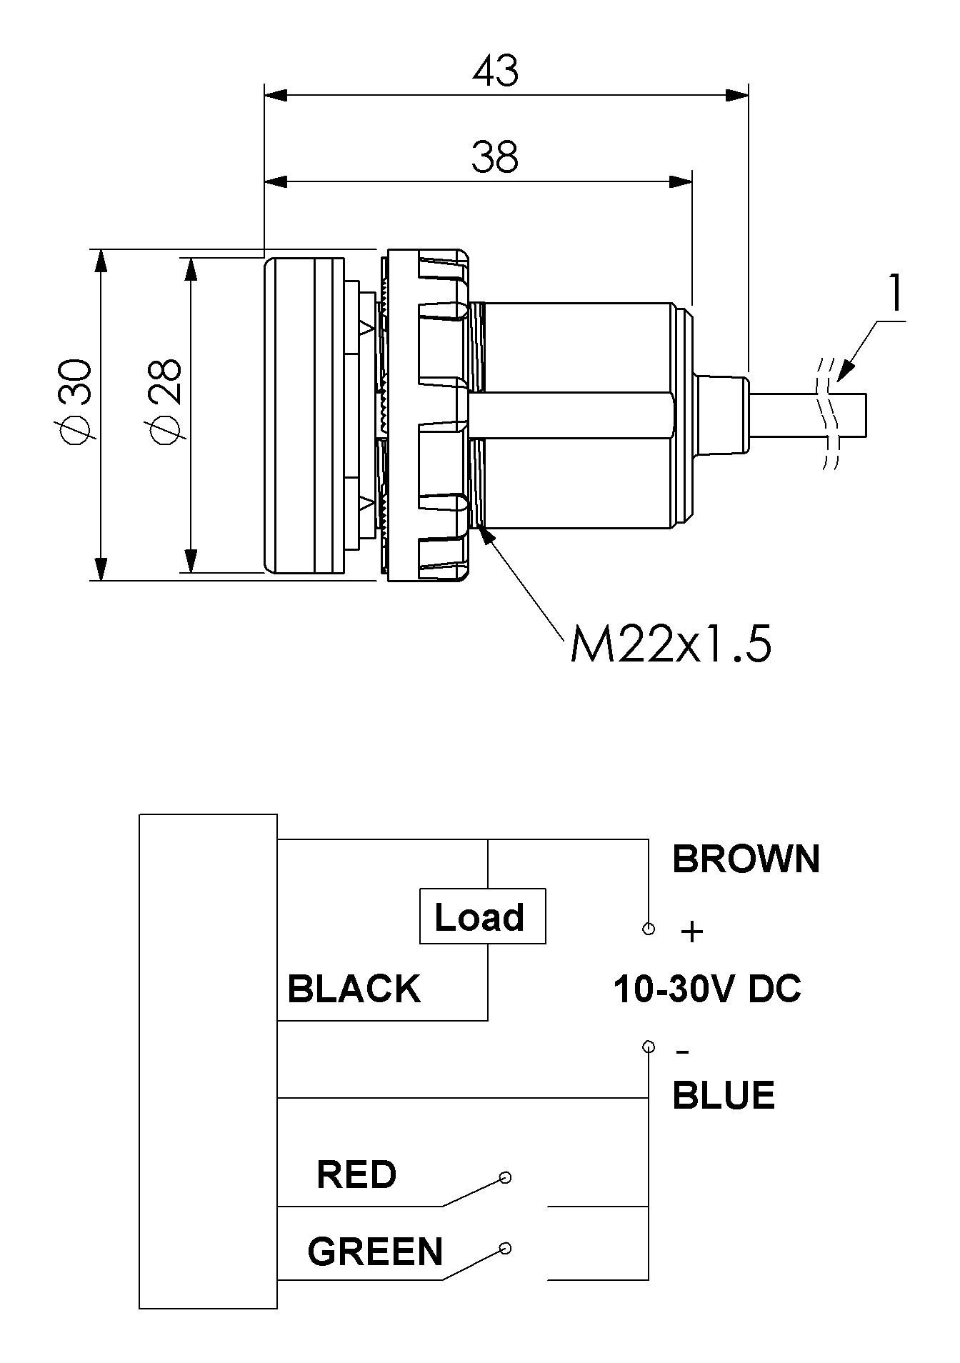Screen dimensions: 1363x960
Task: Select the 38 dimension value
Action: pos(494,158)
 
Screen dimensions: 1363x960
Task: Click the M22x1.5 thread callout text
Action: pos(671,646)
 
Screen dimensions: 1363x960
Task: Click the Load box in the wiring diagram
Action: pos(482,917)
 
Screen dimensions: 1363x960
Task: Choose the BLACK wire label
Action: pos(354,989)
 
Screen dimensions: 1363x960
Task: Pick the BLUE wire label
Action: pos(724,1095)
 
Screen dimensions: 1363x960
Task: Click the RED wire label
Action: pos(356,1175)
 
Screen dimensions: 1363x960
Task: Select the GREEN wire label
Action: pos(375,1252)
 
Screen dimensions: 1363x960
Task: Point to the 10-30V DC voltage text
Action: pos(707,989)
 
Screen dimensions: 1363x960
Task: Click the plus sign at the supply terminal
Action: pos(691,932)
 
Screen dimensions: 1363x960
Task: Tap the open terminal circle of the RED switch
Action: pos(505,1177)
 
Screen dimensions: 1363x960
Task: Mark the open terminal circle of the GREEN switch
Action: pos(505,1249)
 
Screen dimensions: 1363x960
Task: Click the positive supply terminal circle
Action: pos(649,929)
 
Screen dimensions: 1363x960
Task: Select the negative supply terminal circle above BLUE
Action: pos(649,1047)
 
